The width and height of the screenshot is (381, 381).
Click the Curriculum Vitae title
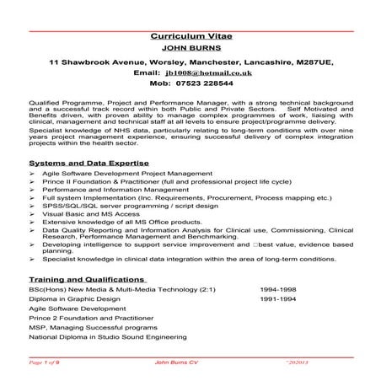(190, 37)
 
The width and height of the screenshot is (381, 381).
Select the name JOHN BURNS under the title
(190, 49)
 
